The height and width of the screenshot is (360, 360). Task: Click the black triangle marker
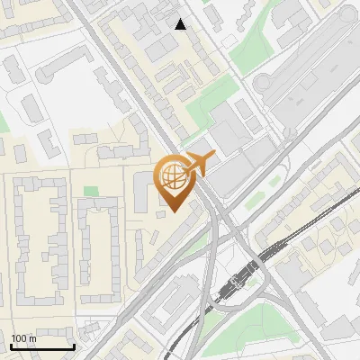(181, 24)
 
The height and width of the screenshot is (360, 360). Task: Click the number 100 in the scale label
(19, 338)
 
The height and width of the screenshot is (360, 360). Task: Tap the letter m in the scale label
(32, 338)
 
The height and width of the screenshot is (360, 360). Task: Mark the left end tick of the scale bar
(12, 345)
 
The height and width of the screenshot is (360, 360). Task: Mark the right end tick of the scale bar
(74, 345)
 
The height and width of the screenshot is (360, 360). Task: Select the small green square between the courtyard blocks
(90, 191)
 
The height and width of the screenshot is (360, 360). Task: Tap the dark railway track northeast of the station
(306, 229)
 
